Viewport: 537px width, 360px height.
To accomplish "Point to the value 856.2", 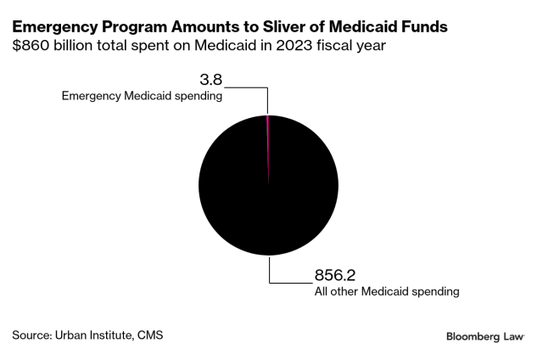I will tap(324, 276).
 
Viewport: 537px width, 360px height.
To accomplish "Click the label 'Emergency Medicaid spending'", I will tap(142, 97).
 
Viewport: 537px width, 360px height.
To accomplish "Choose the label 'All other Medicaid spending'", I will tap(381, 291).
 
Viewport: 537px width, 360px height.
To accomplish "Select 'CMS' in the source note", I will tap(148, 335).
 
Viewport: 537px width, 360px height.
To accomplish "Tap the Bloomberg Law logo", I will tap(484, 337).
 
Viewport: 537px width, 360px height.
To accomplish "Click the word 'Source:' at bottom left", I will tap(31, 335).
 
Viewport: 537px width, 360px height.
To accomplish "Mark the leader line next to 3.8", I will tap(246, 87).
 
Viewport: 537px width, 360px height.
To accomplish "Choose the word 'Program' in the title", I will tap(124, 26).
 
